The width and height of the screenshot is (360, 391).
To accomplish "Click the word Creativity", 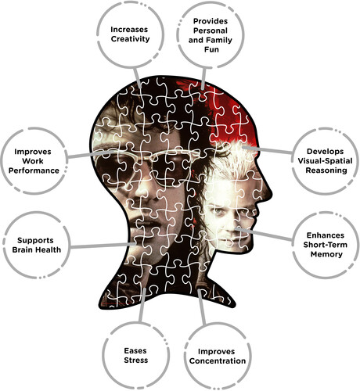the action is (x=130, y=39).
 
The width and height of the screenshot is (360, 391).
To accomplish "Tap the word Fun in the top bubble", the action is (x=211, y=49).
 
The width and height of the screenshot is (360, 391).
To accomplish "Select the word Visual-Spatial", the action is (x=325, y=161).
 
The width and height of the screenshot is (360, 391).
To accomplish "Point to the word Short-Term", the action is (x=325, y=245).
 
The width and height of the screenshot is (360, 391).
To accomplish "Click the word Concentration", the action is (x=218, y=361).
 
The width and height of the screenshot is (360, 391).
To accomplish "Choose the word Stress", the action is (x=136, y=361).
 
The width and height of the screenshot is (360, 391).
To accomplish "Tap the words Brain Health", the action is (x=37, y=249).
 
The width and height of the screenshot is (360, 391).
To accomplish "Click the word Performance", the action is (x=34, y=170).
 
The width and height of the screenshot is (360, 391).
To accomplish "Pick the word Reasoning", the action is (x=326, y=170).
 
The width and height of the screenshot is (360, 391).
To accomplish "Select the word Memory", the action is (x=326, y=254).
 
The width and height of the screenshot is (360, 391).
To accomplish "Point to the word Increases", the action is (x=129, y=30).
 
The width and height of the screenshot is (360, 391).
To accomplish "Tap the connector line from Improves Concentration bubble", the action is (x=201, y=307).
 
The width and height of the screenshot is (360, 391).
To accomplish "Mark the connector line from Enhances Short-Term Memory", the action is (x=264, y=234).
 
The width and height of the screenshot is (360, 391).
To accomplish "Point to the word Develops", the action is (x=325, y=152).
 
